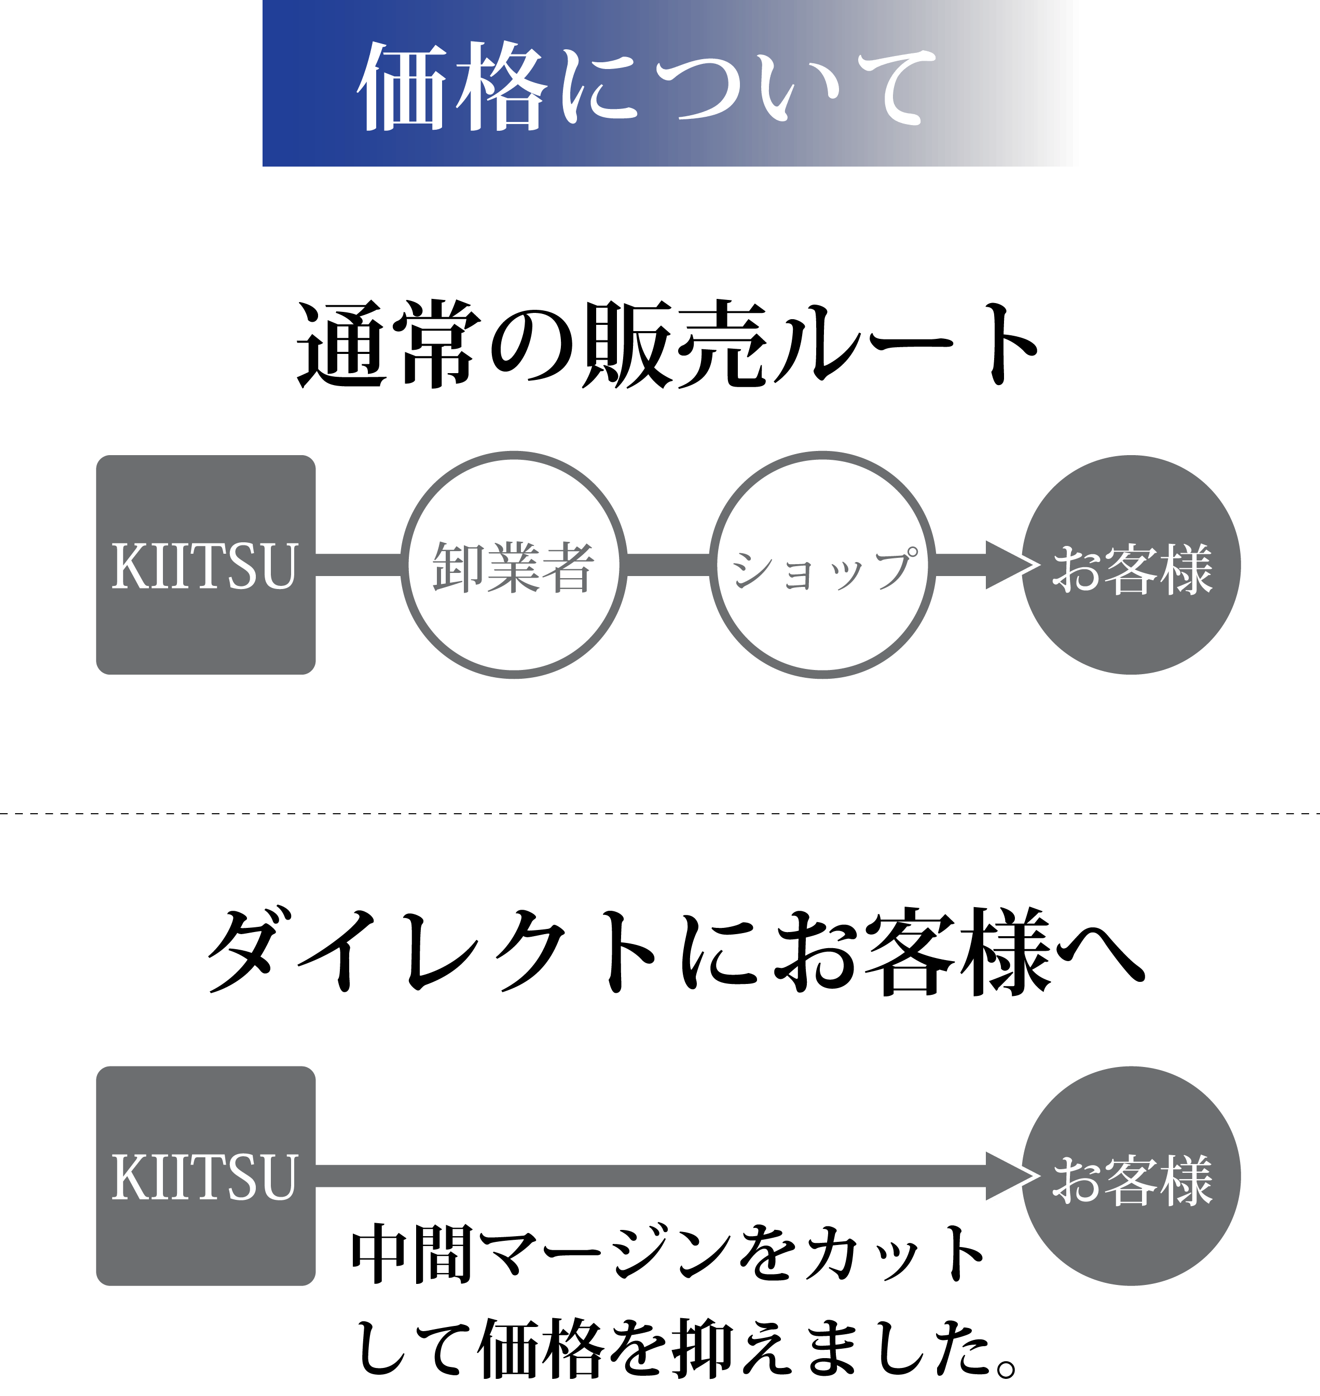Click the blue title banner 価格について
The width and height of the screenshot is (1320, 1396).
click(670, 83)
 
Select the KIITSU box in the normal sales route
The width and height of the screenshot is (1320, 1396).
click(205, 565)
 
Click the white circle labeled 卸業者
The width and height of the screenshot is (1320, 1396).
click(514, 565)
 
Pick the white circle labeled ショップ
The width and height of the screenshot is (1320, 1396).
click(822, 565)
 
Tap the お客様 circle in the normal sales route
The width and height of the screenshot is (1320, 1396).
click(1132, 565)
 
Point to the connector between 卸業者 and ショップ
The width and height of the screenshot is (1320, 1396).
click(668, 565)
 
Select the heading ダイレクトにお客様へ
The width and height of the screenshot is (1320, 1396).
click(676, 951)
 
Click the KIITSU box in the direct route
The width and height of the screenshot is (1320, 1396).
click(205, 1176)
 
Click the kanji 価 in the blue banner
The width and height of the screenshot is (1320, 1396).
click(404, 86)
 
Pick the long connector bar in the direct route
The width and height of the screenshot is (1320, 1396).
click(654, 1176)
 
